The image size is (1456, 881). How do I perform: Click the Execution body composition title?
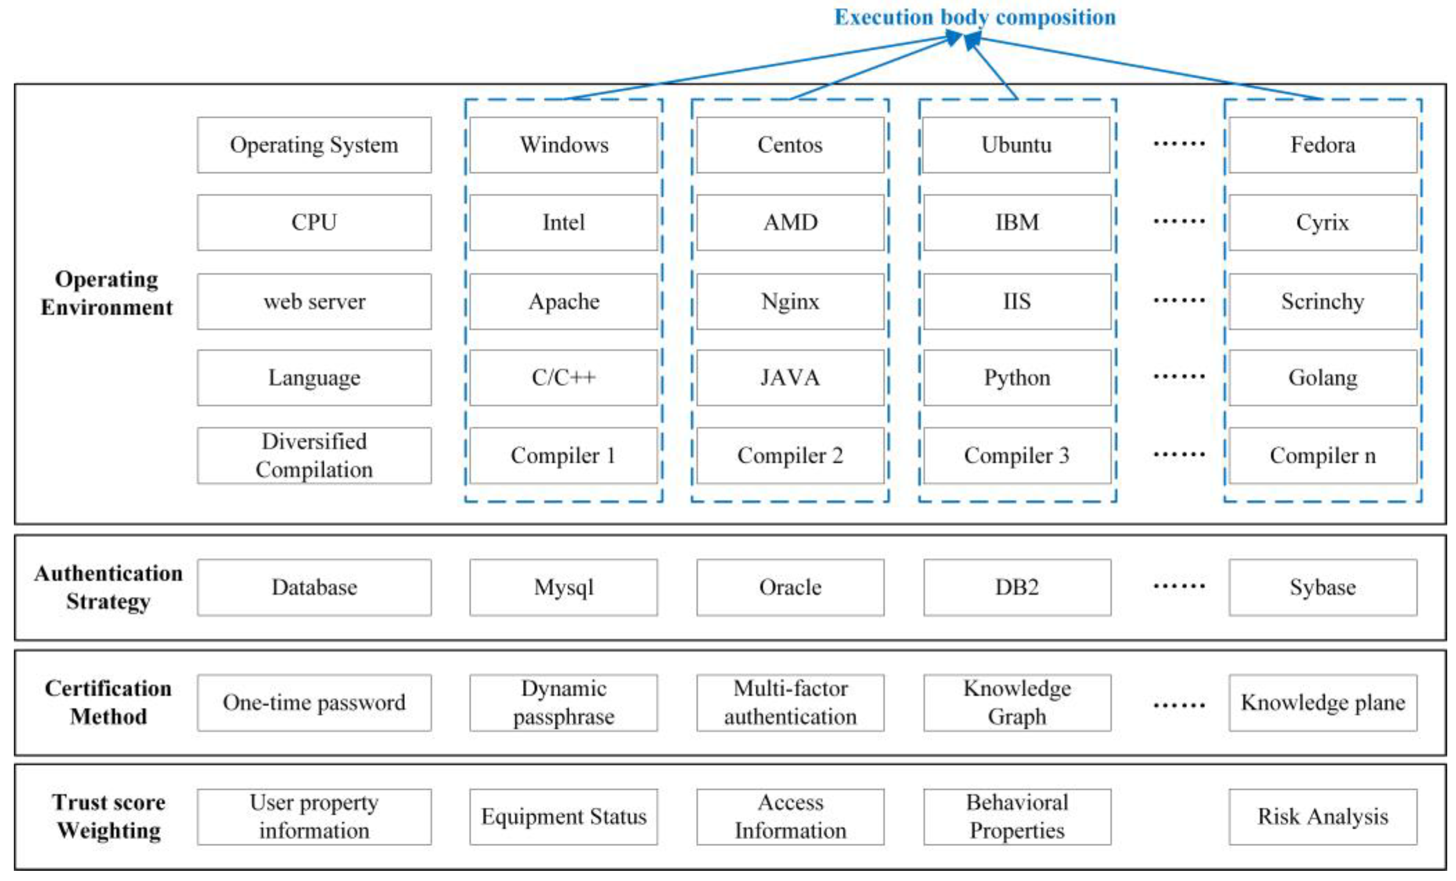point(975,17)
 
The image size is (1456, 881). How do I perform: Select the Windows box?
point(563,145)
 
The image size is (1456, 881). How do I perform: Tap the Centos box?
point(790,145)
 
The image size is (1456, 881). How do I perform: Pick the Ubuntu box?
point(1016,145)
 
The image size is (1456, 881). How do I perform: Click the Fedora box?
point(1322,145)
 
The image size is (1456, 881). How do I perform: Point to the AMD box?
point(790,223)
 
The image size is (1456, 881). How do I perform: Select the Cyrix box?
point(1322,223)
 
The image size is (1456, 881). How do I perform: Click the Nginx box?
point(790,301)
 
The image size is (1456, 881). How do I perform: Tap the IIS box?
point(1016,301)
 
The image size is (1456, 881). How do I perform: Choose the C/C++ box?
point(563,378)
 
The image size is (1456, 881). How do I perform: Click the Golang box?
point(1322,378)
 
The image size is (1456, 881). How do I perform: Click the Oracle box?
point(790,587)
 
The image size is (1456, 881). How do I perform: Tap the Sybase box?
point(1322,587)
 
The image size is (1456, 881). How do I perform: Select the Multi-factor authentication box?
point(790,702)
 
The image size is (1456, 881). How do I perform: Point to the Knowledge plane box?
point(1322,702)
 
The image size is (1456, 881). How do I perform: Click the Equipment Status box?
point(563,816)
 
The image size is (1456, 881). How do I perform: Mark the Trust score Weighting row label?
point(108,816)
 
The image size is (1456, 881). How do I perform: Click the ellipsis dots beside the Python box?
point(1179,376)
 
